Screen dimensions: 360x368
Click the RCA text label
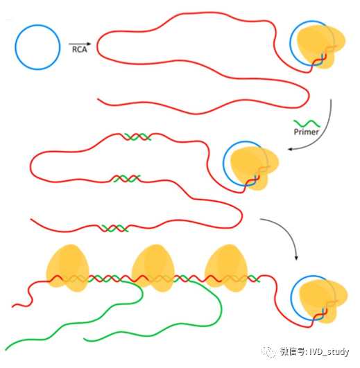[x=80, y=49]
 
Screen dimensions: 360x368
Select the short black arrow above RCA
[x=80, y=44]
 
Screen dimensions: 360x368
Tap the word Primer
[x=306, y=132]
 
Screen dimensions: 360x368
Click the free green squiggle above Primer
[x=307, y=123]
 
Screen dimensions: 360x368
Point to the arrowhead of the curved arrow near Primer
[x=290, y=149]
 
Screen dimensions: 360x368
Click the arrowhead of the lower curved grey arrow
[x=296, y=258]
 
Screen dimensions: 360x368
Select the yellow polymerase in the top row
[x=320, y=46]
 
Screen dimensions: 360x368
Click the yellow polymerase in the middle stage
[x=254, y=167]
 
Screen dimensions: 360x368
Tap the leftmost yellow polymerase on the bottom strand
[x=68, y=268]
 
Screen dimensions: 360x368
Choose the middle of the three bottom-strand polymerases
[x=153, y=268]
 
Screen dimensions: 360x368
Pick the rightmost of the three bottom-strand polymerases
[x=226, y=268]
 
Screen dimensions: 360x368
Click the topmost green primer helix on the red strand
[x=137, y=137]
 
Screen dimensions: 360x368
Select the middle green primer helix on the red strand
[x=126, y=179]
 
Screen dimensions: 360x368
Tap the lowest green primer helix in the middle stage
[x=114, y=228]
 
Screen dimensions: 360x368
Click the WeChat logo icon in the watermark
[x=268, y=351]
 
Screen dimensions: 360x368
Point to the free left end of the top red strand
[x=98, y=99]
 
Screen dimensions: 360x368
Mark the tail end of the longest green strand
[x=6, y=350]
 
